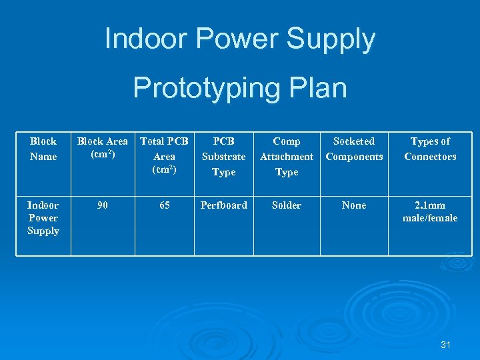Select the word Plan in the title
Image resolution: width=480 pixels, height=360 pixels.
(315, 88)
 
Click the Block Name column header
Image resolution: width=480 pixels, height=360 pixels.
(43, 149)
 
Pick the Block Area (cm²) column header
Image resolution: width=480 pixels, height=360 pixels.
(103, 147)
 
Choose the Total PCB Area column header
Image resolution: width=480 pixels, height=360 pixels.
(164, 155)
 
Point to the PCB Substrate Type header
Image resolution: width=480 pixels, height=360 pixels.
(223, 157)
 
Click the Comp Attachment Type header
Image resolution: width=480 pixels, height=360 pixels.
(287, 157)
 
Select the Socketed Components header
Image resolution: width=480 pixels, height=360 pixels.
(354, 149)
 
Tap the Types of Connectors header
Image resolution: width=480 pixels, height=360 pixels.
(430, 149)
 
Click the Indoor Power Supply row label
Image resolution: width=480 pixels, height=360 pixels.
(43, 218)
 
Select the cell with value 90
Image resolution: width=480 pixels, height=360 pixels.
(103, 205)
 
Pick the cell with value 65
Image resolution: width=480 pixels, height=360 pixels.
(164, 205)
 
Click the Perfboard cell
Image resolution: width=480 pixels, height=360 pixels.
(223, 205)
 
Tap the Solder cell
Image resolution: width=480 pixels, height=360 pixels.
(287, 205)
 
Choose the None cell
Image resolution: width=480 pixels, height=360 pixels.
(354, 205)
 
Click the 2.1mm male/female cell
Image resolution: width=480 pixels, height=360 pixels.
(430, 211)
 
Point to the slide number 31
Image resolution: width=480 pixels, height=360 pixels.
(446, 345)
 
